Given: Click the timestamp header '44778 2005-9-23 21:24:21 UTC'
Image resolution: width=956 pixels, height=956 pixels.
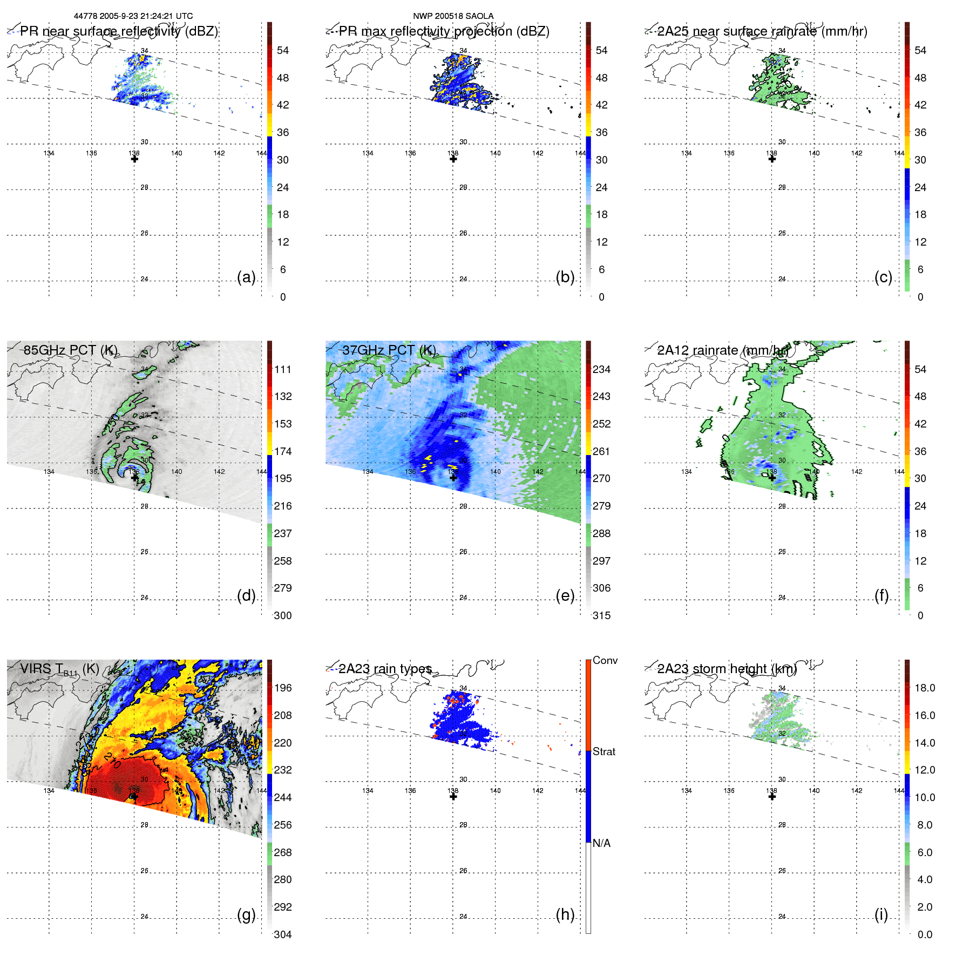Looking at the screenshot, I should pyautogui.click(x=133, y=16).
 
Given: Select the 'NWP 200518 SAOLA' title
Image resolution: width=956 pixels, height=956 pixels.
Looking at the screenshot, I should pyautogui.click(x=453, y=16).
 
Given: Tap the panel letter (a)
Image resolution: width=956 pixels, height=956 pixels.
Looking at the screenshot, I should pyautogui.click(x=246, y=277).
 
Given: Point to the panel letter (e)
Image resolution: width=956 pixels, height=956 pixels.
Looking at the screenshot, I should pyautogui.click(x=565, y=596).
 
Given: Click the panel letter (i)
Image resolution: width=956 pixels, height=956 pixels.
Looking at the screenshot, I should pyautogui.click(x=881, y=914).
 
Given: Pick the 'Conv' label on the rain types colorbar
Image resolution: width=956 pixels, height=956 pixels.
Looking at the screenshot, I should pyautogui.click(x=605, y=660).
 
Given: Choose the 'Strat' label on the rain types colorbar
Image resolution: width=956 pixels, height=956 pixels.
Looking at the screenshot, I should pyautogui.click(x=604, y=751).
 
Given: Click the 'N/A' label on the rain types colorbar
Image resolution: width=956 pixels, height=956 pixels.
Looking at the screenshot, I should pyautogui.click(x=601, y=843).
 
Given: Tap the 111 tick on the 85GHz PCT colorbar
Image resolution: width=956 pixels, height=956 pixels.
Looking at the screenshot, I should pyautogui.click(x=283, y=369).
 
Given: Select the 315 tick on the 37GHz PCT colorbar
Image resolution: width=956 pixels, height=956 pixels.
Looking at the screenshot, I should pyautogui.click(x=601, y=615).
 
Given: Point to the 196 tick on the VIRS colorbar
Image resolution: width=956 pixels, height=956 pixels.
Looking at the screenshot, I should pyautogui.click(x=283, y=688).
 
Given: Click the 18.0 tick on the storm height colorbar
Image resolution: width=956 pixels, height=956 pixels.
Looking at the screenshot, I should pyautogui.click(x=924, y=688).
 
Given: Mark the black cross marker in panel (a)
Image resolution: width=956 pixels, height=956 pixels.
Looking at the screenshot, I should pyautogui.click(x=134, y=159).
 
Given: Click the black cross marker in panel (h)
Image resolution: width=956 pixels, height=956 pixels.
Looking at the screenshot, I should pyautogui.click(x=453, y=796).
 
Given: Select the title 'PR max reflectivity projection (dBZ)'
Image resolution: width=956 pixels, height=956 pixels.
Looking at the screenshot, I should pyautogui.click(x=444, y=31).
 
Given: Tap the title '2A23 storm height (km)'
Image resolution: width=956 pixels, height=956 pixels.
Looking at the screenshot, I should pyautogui.click(x=727, y=669).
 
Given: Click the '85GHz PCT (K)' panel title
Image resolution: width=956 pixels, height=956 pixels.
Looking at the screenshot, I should pyautogui.click(x=70, y=350).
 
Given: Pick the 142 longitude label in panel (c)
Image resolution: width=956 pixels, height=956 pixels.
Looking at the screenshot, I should pyautogui.click(x=857, y=153).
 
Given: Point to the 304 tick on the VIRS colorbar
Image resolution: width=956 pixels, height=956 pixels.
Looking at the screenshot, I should pyautogui.click(x=283, y=934).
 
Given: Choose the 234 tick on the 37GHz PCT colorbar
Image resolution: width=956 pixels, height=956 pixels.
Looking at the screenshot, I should pyautogui.click(x=601, y=369).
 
